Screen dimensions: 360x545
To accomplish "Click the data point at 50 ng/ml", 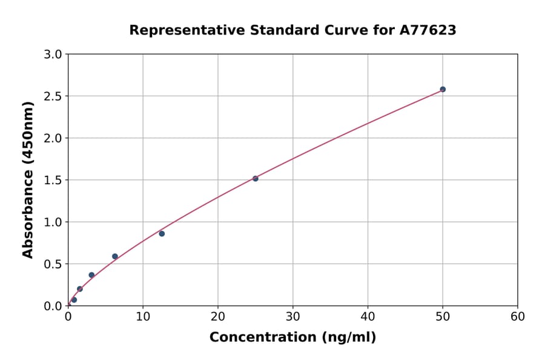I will pos(443,89).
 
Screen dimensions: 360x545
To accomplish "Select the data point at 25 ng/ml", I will pos(256,178).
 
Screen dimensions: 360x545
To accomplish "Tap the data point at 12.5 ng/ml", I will pos(162,233).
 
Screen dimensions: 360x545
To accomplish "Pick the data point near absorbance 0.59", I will pos(115,256).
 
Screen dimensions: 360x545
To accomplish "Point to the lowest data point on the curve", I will pos(74,299).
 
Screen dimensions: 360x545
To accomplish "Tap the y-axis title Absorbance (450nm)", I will pos(28,179).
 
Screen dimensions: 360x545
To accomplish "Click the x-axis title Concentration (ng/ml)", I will pos(292,337).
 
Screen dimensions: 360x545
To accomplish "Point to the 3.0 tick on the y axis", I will pos(54,55).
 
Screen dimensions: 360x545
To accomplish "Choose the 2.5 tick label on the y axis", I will pos(54,96).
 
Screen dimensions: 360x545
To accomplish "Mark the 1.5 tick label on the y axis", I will pos(54,180).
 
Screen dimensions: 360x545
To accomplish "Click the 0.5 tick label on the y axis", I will pos(54,264).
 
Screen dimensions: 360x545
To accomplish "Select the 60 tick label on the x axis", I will pos(518,316).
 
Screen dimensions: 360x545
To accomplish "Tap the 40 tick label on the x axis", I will pos(368,316).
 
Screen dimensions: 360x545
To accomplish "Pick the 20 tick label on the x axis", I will pos(218,316).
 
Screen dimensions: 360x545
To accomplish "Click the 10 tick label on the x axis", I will pos(143,316).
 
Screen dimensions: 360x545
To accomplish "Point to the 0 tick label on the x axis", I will pos(68,316).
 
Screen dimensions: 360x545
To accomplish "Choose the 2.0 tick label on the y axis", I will pos(54,138).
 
